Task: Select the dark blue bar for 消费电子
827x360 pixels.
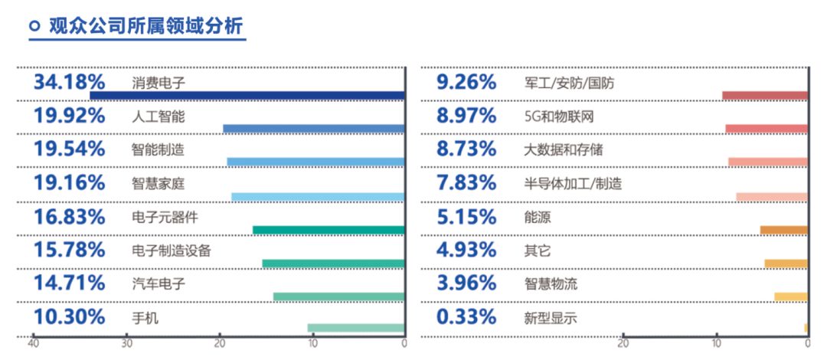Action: (247, 96)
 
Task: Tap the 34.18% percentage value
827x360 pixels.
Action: (69, 82)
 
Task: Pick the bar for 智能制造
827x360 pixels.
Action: (315, 162)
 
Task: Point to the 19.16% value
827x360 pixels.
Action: (69, 182)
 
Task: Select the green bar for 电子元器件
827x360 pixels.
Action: (328, 230)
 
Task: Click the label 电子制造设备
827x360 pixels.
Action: (172, 250)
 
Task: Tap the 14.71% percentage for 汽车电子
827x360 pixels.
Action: (69, 283)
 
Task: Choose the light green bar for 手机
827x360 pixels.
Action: (355, 329)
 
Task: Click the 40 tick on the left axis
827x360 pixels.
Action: (33, 344)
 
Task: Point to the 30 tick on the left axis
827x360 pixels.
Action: (126, 344)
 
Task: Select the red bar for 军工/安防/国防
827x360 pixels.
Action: (764, 96)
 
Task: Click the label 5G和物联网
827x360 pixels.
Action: (554, 116)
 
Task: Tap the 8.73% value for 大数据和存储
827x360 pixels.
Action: (466, 149)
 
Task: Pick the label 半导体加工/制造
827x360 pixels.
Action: (568, 183)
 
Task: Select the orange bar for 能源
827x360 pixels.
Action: (783, 230)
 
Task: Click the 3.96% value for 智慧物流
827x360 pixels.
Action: (466, 283)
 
